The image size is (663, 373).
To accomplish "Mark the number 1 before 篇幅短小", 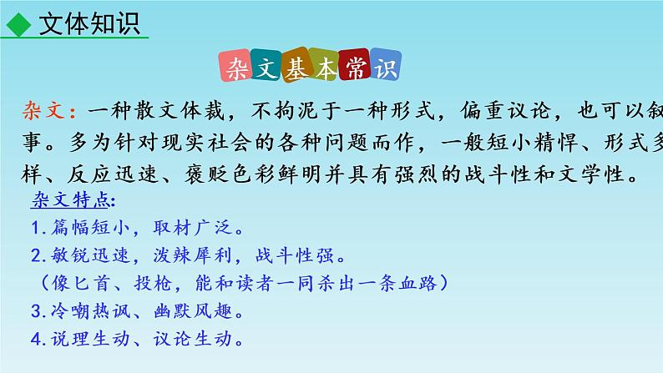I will click(x=36, y=227).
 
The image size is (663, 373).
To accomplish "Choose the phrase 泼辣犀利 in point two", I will click(x=193, y=255).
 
